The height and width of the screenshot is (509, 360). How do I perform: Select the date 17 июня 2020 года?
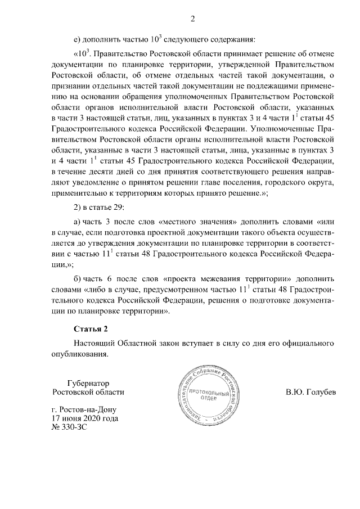tap(84, 418)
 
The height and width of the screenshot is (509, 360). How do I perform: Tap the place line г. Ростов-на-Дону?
tap(84, 409)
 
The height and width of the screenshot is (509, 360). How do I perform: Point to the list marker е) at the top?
tap(78, 39)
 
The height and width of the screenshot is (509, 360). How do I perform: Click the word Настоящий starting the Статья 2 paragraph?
tap(97, 343)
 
